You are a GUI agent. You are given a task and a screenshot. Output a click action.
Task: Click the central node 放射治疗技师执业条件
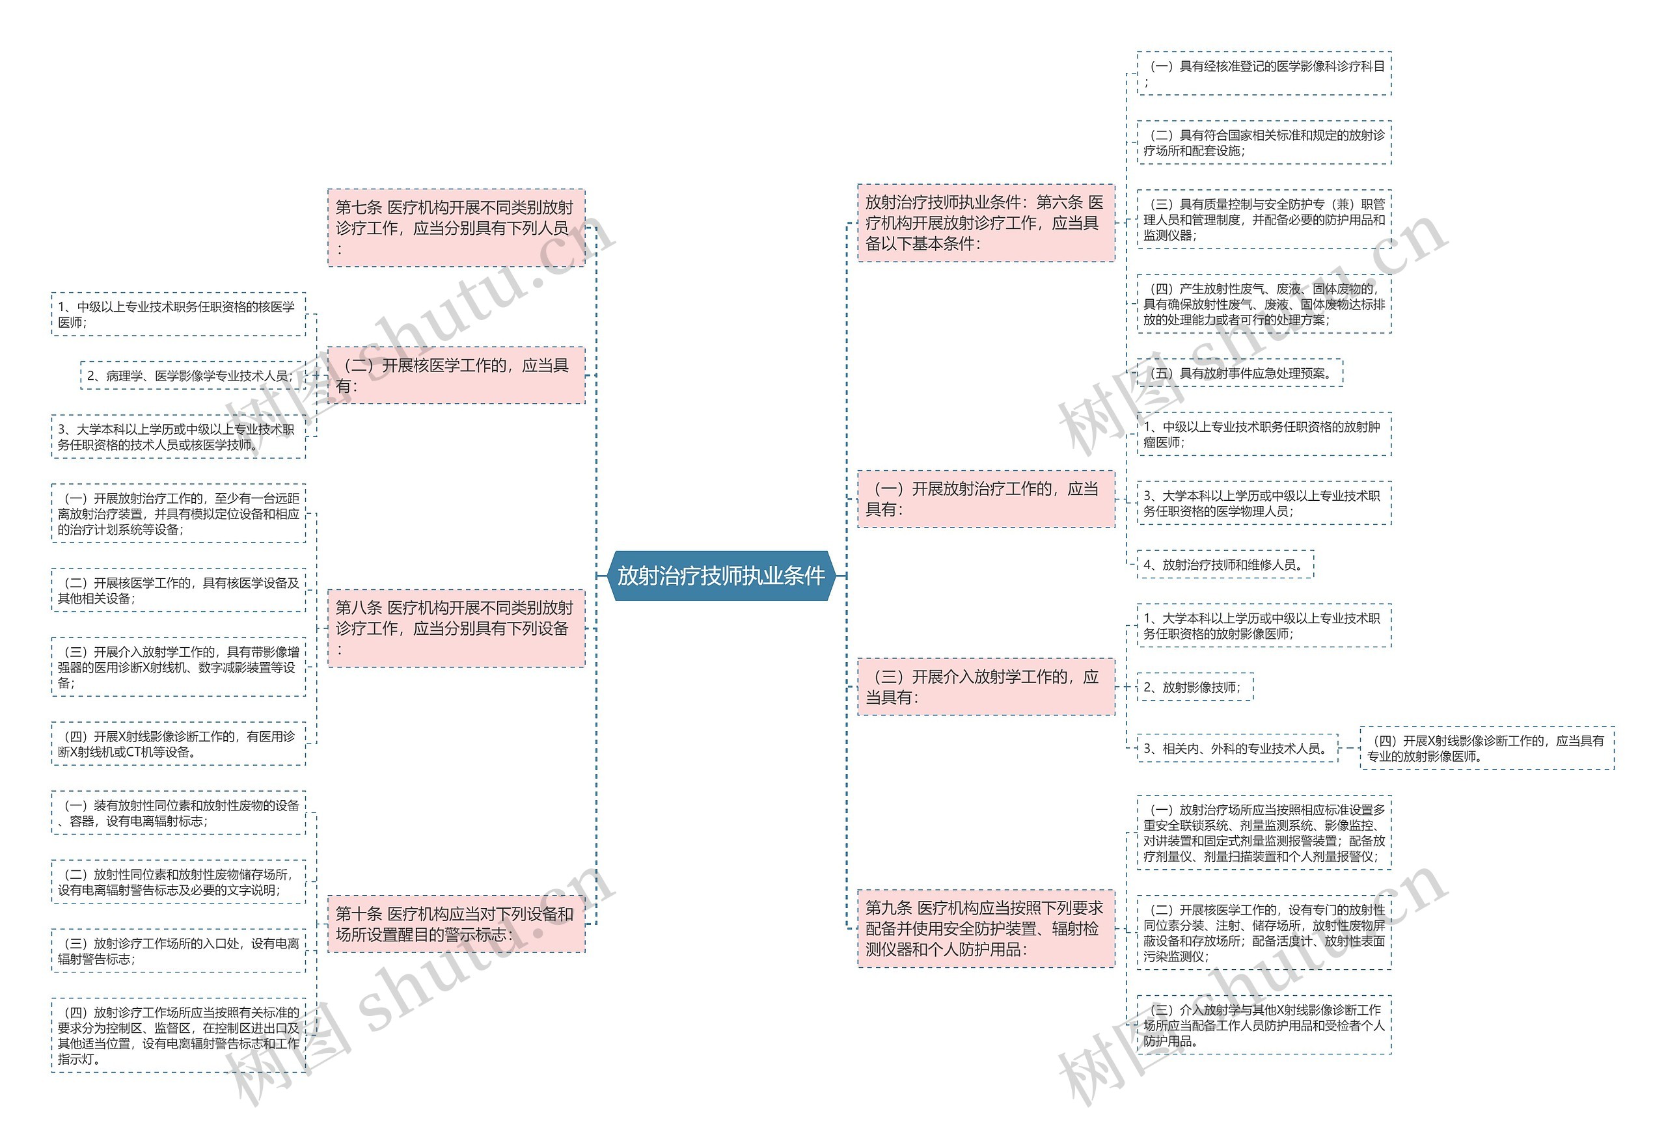[721, 576]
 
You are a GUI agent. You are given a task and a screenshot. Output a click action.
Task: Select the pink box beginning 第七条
[456, 228]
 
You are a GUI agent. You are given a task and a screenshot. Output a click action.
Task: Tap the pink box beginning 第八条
[456, 628]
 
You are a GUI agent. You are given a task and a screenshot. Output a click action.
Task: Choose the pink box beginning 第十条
[456, 924]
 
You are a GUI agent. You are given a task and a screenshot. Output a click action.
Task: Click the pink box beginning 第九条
[986, 928]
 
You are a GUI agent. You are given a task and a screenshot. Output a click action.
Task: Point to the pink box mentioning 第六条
[986, 223]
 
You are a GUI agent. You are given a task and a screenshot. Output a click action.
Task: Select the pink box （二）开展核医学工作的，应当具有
[456, 375]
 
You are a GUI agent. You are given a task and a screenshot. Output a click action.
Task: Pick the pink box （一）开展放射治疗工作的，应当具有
[986, 500]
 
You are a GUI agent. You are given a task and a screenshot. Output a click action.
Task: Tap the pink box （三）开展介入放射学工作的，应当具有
[986, 687]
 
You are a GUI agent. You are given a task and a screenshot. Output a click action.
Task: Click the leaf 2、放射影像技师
[1194, 687]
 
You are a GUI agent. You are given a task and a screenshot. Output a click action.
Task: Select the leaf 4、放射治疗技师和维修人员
[1225, 565]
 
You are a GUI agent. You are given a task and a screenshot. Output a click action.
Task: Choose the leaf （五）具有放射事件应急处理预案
[1240, 373]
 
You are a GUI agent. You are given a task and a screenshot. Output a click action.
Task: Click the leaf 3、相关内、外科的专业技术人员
[1236, 749]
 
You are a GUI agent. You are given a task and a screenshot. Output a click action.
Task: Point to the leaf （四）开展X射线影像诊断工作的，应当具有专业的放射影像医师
[1487, 749]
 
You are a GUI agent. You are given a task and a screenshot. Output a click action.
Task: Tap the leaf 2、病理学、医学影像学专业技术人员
[192, 375]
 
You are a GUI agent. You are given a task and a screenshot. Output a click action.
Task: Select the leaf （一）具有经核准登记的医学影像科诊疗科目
[1264, 73]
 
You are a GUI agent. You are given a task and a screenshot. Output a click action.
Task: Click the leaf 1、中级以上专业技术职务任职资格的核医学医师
[178, 314]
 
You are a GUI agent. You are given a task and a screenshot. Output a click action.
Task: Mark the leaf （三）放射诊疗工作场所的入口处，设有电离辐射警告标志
[178, 950]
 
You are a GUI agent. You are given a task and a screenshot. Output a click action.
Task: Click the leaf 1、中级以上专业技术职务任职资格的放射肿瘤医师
[1264, 434]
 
